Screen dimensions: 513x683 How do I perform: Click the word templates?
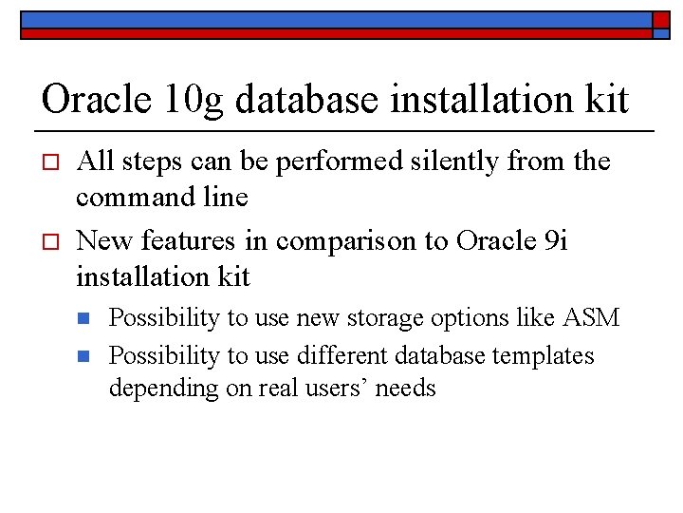(545, 356)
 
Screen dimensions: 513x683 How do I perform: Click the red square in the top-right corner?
(661, 19)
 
